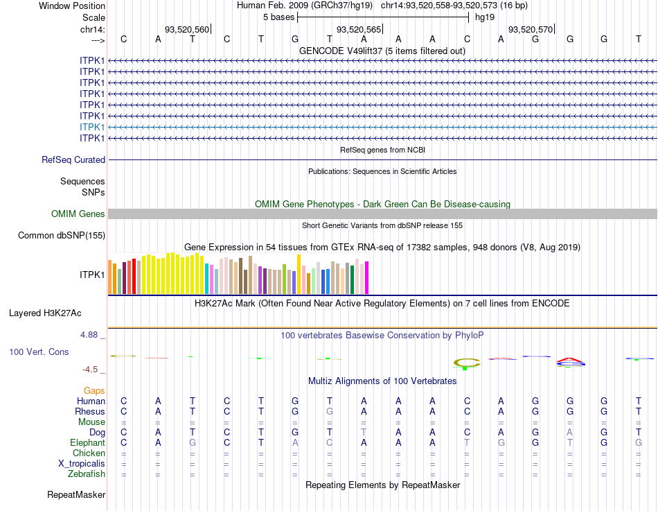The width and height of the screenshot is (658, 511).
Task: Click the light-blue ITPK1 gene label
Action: coord(92,127)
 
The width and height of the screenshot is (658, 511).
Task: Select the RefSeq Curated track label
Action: coord(73,159)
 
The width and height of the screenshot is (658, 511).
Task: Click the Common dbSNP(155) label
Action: coord(61,236)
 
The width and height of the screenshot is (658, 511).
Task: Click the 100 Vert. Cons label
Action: coord(39,352)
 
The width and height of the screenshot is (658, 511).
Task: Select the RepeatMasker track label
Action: coord(76,495)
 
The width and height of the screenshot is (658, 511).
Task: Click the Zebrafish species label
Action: coord(87,474)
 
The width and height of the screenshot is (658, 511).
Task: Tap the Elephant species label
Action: coord(87,443)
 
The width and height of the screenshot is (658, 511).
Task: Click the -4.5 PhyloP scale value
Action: coord(90,370)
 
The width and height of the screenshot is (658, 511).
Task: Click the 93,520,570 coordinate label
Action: coord(531,29)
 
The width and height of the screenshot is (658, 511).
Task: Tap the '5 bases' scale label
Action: coord(278,17)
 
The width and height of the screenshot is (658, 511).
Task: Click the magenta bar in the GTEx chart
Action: coord(366,277)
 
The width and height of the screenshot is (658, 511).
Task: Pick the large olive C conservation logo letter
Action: coord(466,362)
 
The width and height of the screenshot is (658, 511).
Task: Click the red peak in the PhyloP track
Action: coord(569,359)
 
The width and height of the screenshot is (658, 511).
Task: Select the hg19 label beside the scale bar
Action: coord(484,17)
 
